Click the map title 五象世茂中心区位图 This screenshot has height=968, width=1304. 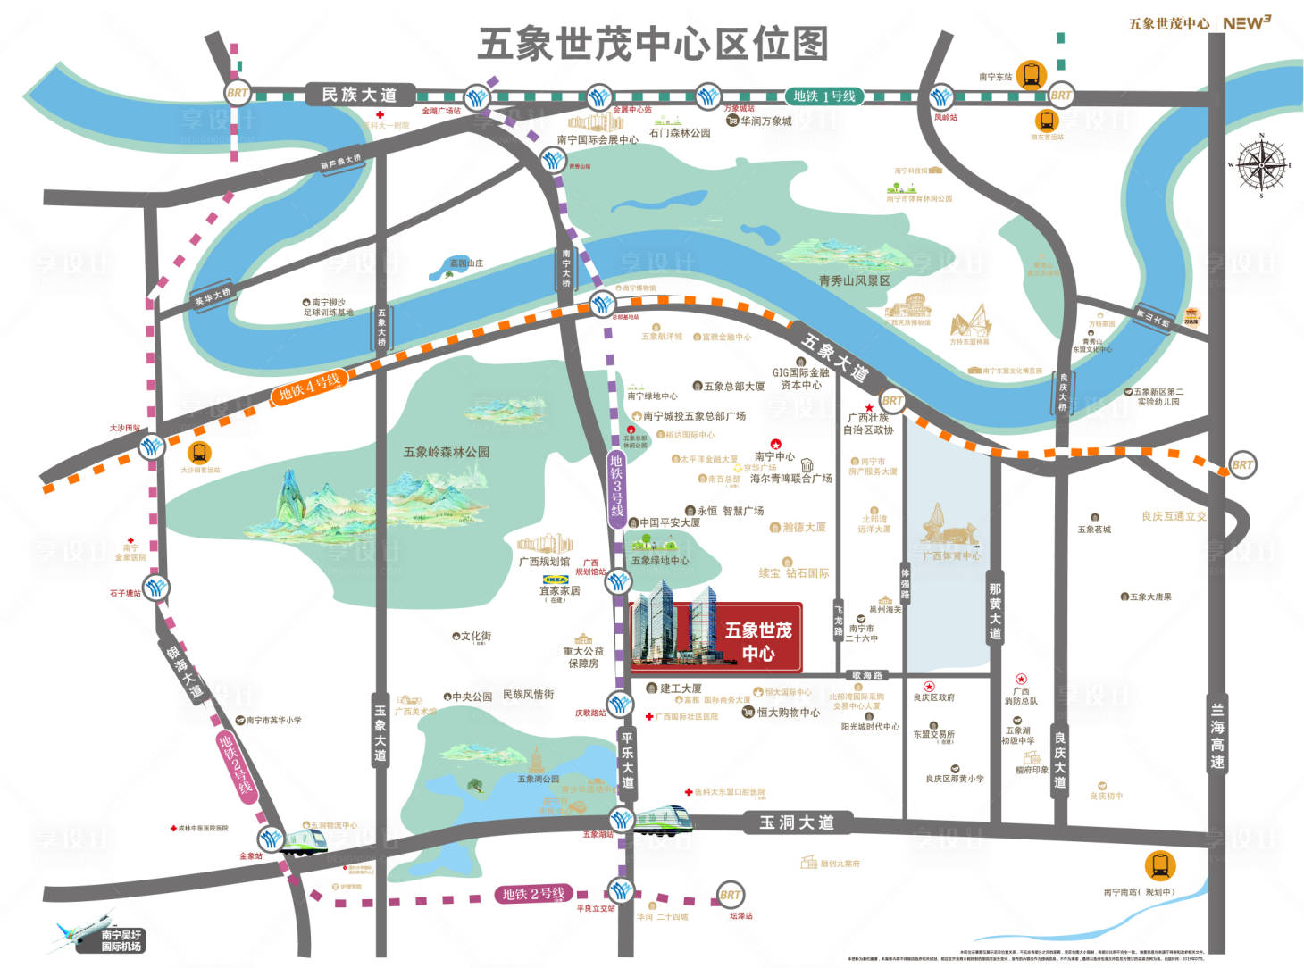[653, 44]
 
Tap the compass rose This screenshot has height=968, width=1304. [1260, 164]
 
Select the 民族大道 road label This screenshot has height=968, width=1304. [359, 95]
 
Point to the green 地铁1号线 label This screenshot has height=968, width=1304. [823, 96]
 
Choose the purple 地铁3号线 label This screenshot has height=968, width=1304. [616, 486]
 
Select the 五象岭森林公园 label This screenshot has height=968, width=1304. [447, 452]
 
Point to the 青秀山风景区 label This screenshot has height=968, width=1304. [854, 280]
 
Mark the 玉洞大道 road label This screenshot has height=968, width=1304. [796, 822]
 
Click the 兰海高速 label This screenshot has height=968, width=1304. [1216, 736]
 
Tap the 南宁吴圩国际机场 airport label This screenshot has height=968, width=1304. [121, 940]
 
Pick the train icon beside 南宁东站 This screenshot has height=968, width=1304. [1031, 74]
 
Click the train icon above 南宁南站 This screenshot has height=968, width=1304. [1159, 865]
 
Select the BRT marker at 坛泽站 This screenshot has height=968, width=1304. [730, 895]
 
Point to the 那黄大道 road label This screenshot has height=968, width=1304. [995, 611]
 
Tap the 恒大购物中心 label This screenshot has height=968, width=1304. [788, 712]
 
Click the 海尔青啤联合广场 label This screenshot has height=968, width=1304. [790, 478]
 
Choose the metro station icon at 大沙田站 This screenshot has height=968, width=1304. [151, 445]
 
